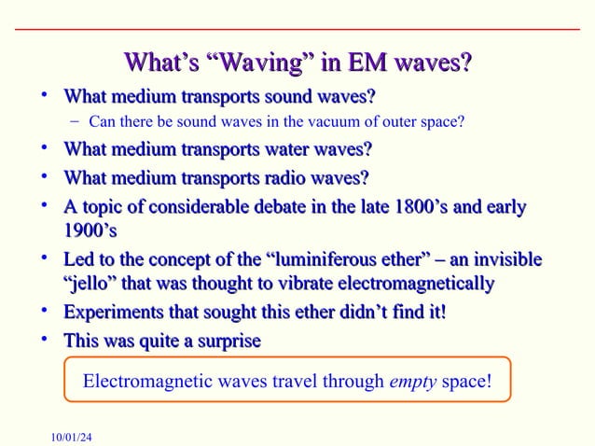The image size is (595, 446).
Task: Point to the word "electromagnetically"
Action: click(x=413, y=283)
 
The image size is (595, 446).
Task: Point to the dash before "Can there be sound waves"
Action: click(x=75, y=120)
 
